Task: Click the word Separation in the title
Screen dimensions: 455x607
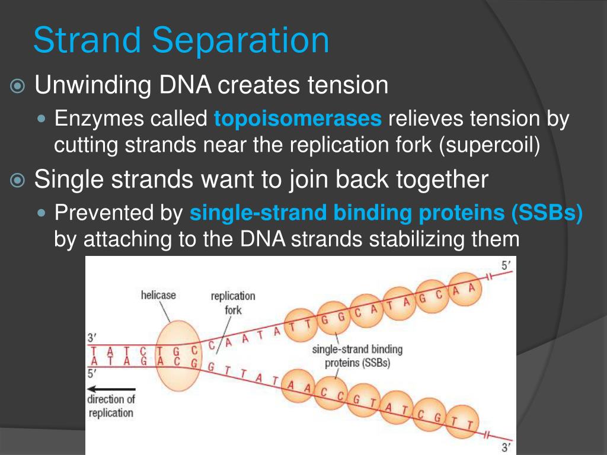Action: [240, 41]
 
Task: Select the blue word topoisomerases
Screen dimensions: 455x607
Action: [298, 119]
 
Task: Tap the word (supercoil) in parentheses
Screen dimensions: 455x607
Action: [490, 145]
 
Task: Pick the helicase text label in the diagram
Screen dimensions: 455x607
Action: [158, 294]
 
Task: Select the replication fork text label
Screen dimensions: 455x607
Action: [233, 303]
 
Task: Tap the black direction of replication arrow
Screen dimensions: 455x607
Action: [111, 389]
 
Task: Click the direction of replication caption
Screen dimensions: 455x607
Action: [111, 406]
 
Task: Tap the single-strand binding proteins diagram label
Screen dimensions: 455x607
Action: [357, 356]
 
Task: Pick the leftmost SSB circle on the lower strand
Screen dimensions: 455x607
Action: [299, 387]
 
